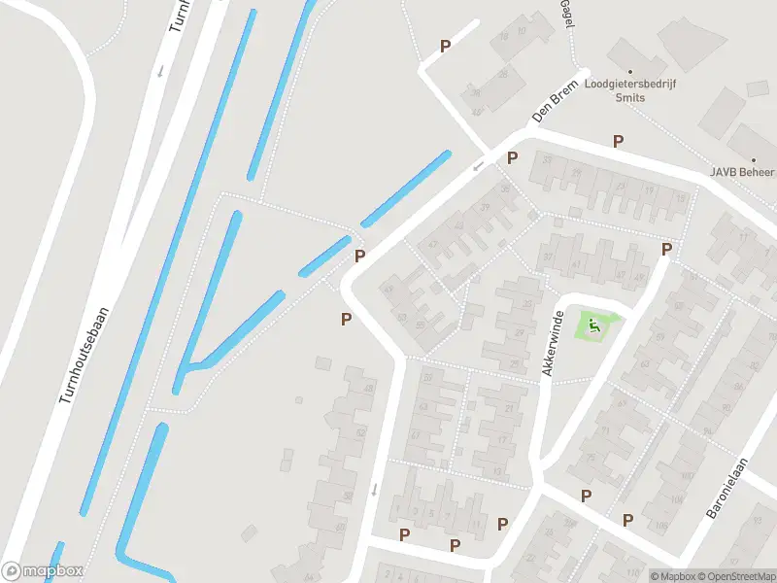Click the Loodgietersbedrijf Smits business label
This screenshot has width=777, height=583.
pyautogui.click(x=629, y=90)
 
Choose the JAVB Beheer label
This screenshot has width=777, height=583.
pyautogui.click(x=743, y=172)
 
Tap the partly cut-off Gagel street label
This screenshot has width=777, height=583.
pyautogui.click(x=565, y=14)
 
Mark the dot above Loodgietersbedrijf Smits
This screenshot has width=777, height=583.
pyautogui.click(x=629, y=71)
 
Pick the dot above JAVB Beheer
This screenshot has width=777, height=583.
pyautogui.click(x=753, y=159)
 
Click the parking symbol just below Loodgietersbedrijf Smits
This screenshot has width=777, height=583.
pyautogui.click(x=618, y=142)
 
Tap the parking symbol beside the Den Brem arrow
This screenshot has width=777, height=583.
pyautogui.click(x=512, y=158)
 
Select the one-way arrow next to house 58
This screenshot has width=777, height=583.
pyautogui.click(x=374, y=488)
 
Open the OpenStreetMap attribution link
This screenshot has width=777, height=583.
pyautogui.click(x=741, y=576)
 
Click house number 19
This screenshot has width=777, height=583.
pyautogui.click(x=649, y=190)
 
